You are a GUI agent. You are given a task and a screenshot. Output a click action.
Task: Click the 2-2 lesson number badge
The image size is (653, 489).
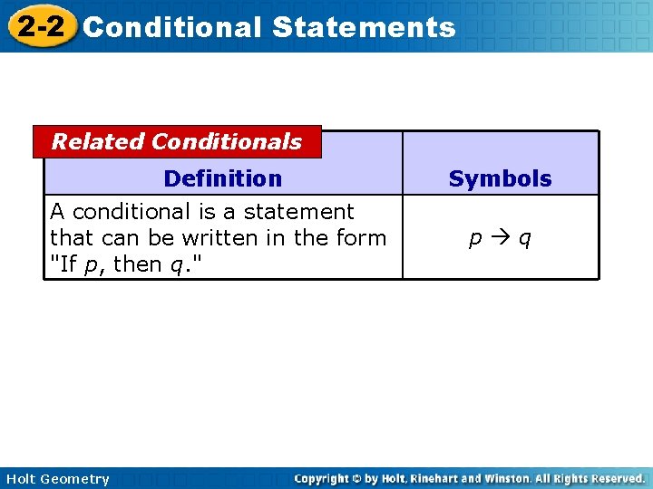40,26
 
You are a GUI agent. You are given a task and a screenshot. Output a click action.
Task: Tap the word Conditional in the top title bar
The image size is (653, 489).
171,27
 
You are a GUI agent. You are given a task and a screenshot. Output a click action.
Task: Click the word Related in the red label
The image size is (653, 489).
98,142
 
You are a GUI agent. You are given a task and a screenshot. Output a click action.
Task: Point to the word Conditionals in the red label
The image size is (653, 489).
227,142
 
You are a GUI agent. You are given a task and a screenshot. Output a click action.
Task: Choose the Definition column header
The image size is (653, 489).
222,178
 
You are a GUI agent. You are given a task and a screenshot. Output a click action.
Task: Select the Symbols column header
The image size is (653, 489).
500,179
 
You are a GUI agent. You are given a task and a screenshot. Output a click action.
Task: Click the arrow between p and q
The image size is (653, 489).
500,238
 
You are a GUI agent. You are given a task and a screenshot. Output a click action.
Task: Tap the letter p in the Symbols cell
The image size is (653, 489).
475,239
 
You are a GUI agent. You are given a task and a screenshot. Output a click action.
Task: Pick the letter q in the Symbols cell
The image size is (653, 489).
525,239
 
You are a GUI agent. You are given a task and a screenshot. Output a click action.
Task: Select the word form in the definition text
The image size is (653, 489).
363,238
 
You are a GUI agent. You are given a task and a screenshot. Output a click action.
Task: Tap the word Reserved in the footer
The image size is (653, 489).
614,478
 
